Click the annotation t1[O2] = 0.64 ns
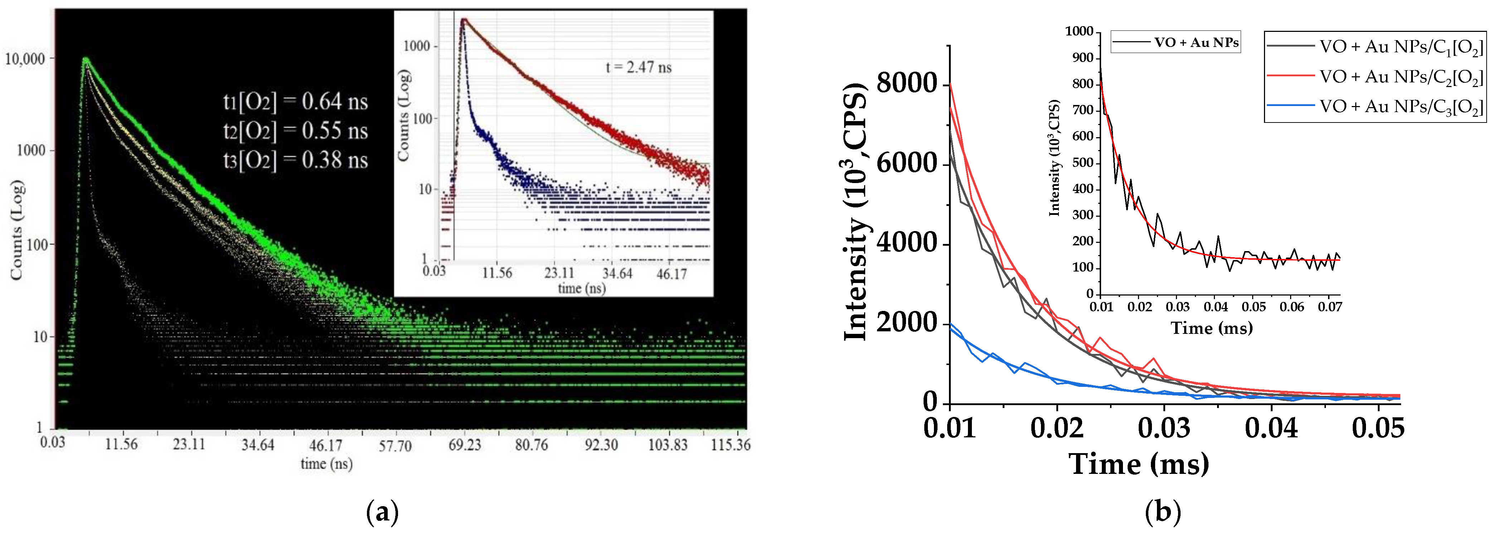pos(295,102)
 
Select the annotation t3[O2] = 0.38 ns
pos(295,160)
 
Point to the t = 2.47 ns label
pos(638,68)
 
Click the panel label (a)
pos(383,513)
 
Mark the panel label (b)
pos(1162,513)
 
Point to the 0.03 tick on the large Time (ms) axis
pos(1164,428)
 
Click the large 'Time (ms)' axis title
pos(1139,464)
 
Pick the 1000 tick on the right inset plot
pos(1079,31)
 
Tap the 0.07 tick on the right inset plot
pos(1330,307)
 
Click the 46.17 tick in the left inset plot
pos(671,273)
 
